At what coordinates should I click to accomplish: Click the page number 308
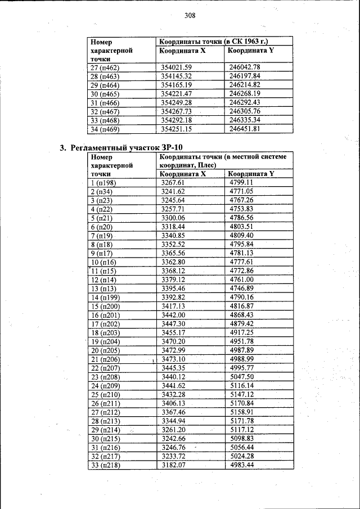[190, 16]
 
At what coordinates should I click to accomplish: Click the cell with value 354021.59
[177, 67]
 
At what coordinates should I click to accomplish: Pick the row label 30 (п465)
[106, 93]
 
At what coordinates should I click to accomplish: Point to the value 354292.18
[177, 120]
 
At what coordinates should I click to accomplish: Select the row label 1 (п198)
[103, 183]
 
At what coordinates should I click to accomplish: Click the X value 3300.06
[173, 218]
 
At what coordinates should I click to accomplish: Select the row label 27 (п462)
[106, 67]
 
